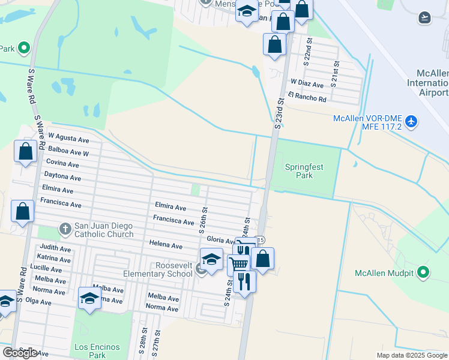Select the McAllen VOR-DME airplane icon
tap(411, 121)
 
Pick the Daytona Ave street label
tap(62, 177)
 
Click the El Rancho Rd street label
tap(307, 97)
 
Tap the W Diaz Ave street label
tap(307, 83)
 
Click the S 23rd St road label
tap(279, 113)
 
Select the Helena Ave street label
tap(166, 245)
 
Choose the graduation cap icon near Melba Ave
tap(89, 298)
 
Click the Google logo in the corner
tap(20, 353)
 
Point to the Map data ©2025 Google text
tap(411, 355)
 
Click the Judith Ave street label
tap(55, 248)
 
